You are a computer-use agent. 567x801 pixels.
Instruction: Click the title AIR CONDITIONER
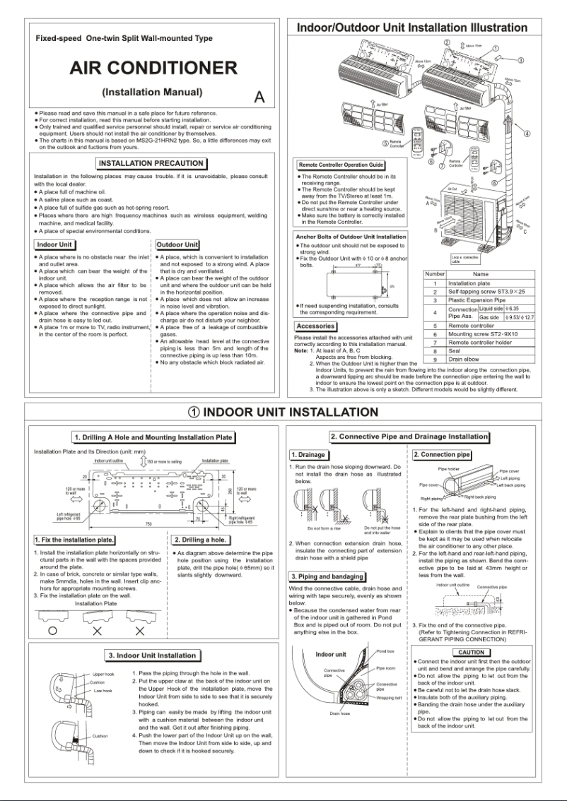[x=153, y=69]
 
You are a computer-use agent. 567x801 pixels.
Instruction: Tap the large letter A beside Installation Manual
[x=259, y=97]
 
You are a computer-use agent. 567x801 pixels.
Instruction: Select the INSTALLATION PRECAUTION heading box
[x=152, y=163]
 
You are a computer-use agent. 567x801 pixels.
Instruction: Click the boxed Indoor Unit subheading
[x=54, y=244]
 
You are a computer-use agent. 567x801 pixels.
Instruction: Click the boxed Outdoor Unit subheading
[x=177, y=244]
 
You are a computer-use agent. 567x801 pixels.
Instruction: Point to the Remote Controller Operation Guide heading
[x=341, y=165]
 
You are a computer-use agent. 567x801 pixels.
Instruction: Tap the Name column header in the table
[x=481, y=274]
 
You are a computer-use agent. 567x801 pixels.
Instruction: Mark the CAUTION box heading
[x=471, y=653]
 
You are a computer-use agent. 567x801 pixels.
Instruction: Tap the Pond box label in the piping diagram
[x=385, y=651]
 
